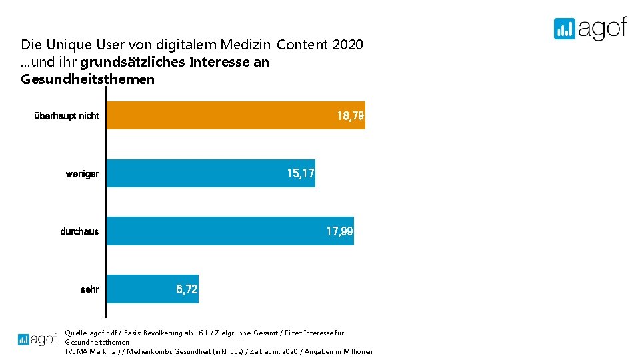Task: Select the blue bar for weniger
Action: pos(200,173)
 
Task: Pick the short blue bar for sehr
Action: pos(140,289)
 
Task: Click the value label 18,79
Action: pos(351,116)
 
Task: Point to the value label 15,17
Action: pos(301,173)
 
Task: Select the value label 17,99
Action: pos(339,231)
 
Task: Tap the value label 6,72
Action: pos(187,289)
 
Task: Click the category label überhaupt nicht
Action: pos(67,116)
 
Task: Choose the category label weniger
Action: pos(82,174)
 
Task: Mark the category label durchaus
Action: pos(79,232)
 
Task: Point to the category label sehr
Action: pos(89,290)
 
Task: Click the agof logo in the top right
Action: pos(590,29)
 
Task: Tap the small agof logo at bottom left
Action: pos(37,339)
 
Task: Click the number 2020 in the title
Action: pos(347,45)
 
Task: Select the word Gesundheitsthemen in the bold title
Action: pos(88,79)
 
